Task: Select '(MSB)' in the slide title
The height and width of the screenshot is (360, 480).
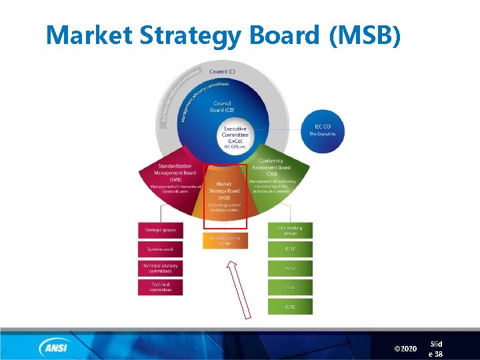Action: coord(365,35)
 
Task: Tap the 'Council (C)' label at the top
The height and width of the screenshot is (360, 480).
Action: coord(222,71)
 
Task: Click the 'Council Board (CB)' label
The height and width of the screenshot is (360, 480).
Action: coord(222,107)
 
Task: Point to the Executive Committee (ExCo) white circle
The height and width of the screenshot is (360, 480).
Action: coord(235,137)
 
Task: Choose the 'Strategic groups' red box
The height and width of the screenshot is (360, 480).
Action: coord(160,230)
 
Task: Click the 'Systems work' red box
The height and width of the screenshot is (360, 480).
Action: coord(160,249)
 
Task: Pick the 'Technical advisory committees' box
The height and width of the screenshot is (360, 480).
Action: coord(160,268)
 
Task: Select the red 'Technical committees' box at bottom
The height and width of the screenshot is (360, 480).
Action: coord(160,287)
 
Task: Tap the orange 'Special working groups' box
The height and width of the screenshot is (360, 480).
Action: coord(225,240)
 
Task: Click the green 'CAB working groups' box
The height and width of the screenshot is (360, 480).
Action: coord(290,231)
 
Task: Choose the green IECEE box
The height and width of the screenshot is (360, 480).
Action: coord(290,249)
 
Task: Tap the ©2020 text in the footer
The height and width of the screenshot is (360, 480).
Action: coord(405,349)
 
